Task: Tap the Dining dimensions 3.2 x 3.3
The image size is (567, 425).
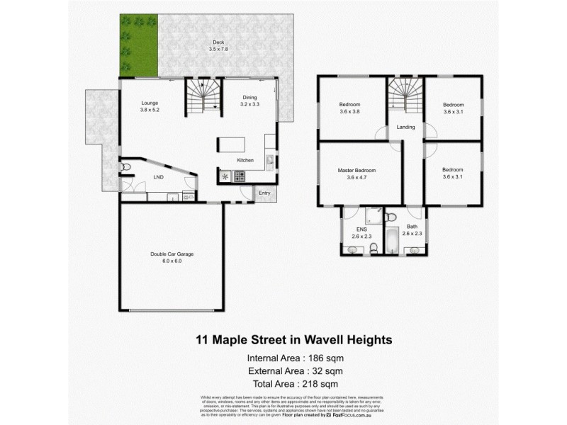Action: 250,104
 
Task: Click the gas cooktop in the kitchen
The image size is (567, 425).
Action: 226,176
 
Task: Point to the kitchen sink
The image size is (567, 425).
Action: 269,162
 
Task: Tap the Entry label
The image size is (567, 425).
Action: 264,192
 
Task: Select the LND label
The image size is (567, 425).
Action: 158,177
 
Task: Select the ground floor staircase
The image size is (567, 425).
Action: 203,96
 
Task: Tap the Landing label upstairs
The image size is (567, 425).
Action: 406,127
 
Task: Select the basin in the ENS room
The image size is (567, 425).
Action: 354,248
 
